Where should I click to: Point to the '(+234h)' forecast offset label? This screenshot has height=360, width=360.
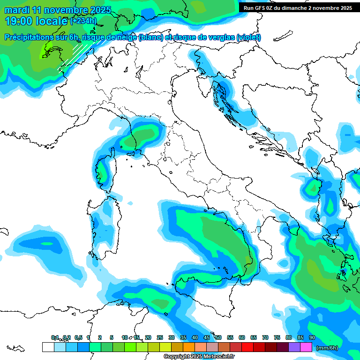tap(83, 21)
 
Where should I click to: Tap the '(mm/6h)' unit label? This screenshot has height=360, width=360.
tap(327, 348)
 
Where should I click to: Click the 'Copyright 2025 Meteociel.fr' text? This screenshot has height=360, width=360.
tap(200, 357)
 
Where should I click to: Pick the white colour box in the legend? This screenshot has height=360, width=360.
tap(48, 347)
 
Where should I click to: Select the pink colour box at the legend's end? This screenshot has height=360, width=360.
tap(306, 347)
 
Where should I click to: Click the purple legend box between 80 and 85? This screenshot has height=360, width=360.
tap(294, 347)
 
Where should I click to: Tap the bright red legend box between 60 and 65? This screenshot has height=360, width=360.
tap(247, 347)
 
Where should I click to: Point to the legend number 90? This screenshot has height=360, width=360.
tap(312, 337)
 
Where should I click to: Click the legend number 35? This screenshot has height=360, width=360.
tap(183, 337)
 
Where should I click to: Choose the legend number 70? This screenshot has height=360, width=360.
tap(265, 337)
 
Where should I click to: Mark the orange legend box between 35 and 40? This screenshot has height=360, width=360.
tap(189, 347)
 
